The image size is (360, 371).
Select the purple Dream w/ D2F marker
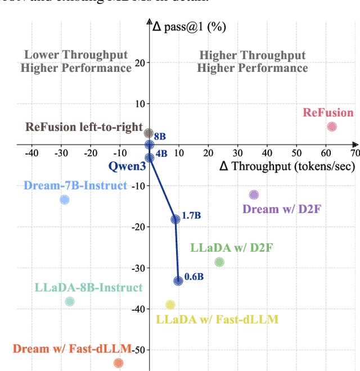[x=254, y=195]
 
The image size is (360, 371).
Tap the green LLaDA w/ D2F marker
[x=219, y=262]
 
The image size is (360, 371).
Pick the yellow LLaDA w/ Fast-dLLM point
[x=170, y=305]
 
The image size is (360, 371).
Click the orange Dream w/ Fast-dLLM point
[x=118, y=363]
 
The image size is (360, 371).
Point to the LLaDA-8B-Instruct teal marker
[x=70, y=301]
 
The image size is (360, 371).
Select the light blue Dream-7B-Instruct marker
[x=65, y=200]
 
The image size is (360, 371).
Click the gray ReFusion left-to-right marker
[x=148, y=133]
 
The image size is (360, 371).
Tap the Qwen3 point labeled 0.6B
[x=178, y=280]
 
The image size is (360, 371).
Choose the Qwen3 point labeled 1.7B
[x=175, y=219]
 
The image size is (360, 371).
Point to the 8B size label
[x=160, y=137]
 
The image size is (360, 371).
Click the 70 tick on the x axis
[x=354, y=152]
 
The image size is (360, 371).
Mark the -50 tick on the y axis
[x=137, y=350]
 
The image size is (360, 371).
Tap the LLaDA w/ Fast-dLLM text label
[x=217, y=320]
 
